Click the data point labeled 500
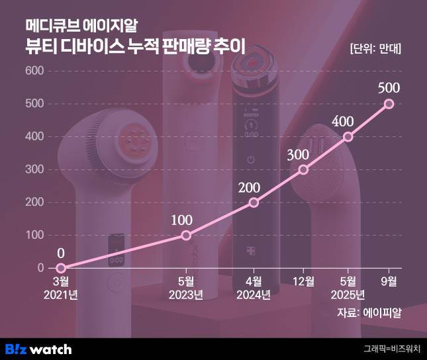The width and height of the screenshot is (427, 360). tap(389, 103)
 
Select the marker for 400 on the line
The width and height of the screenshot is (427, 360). tap(348, 136)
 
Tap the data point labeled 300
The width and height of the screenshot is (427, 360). tap(304, 169)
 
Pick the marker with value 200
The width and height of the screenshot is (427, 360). tap(254, 202)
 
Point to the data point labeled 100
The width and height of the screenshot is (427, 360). tap(186, 235)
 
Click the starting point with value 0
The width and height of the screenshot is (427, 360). tap(61, 268)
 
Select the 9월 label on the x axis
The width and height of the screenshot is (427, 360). tap(389, 281)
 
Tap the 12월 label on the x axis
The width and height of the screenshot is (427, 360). tap(304, 281)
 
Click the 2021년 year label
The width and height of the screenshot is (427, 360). tap(61, 294)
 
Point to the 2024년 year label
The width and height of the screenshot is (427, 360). tap(254, 294)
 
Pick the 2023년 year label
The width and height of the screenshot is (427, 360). tap(186, 294)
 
